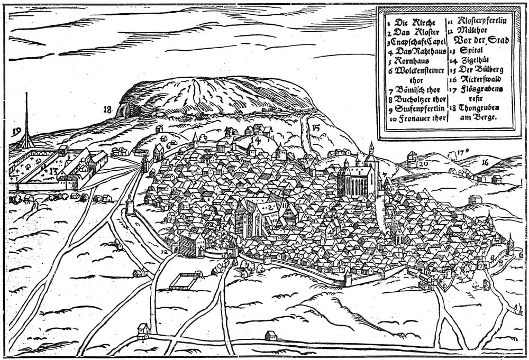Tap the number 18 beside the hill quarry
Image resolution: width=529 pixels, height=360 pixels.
coord(108,109)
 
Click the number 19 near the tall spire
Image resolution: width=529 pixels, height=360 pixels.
coord(16,132)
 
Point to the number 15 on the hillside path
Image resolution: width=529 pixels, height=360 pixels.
coord(316,127)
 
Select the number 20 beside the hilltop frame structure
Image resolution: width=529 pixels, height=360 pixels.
coord(423,163)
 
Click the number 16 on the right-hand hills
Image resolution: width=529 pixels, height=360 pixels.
coord(485,162)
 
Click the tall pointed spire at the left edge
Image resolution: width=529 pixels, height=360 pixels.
coord(25,119)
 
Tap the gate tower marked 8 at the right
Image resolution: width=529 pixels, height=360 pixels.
coord(510,245)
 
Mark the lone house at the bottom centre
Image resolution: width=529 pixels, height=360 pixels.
coord(271,335)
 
